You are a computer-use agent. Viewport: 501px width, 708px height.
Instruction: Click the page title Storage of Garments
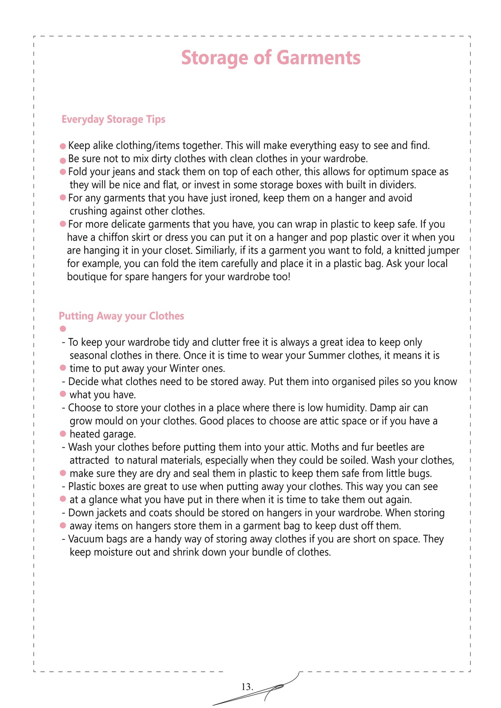point(271,58)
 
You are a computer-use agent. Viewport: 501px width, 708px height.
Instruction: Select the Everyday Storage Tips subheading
point(113,119)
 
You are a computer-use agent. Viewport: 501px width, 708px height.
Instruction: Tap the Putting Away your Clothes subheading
point(121,316)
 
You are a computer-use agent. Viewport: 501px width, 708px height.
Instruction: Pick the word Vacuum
point(86,539)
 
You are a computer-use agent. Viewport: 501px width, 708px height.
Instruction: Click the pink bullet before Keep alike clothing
point(63,146)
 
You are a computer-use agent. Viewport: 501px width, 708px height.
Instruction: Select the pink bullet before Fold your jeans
point(63,172)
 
